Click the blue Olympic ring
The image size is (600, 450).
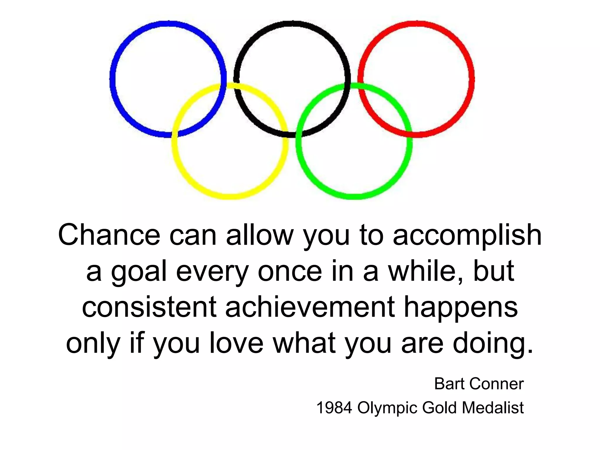point(112,79)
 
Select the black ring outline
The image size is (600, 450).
point(292,23)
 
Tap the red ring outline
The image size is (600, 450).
point(471,79)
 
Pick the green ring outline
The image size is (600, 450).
point(354,196)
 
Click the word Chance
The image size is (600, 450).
point(109,235)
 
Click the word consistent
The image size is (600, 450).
point(149,307)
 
